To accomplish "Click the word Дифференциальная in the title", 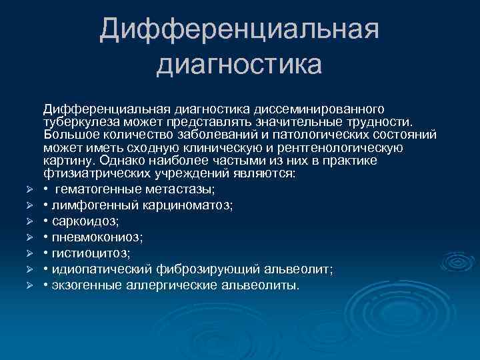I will click(x=239, y=30).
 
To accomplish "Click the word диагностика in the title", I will click(x=239, y=65).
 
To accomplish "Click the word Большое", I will click(x=68, y=135).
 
